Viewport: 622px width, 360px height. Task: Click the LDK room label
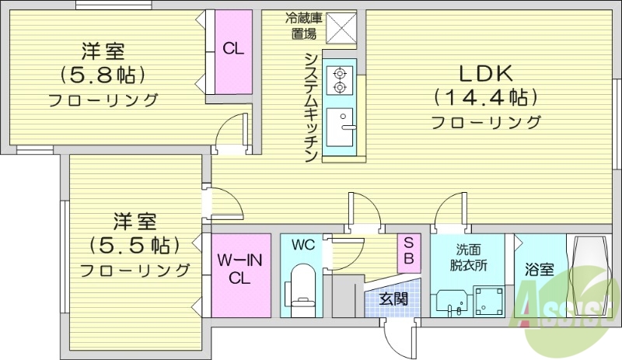click(484, 74)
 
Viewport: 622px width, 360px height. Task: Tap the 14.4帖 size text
click(484, 98)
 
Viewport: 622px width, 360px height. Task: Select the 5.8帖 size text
click(103, 76)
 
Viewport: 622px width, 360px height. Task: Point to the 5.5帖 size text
click(135, 245)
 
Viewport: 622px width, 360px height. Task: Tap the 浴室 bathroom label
click(539, 270)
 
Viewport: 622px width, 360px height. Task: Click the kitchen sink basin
click(340, 127)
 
